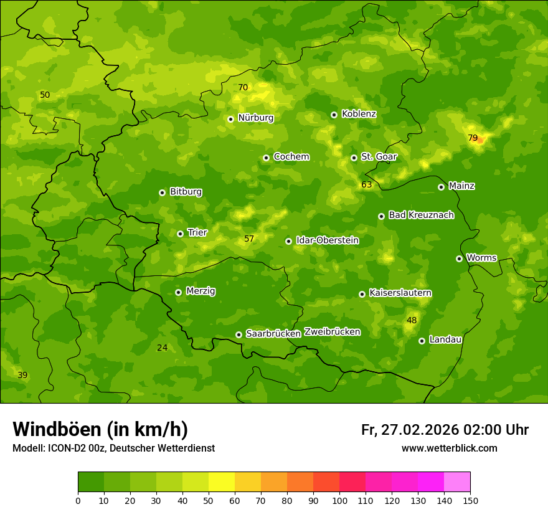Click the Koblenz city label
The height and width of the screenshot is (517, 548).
359,114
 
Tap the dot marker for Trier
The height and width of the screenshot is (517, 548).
181,234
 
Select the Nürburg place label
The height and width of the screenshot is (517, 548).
255,118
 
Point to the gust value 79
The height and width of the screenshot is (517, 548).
473,138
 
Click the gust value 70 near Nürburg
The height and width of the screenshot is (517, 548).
243,87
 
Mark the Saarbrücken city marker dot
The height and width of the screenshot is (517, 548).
239,334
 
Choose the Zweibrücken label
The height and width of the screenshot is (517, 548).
332,332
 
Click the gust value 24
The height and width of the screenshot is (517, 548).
162,348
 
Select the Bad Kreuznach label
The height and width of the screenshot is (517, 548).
421,215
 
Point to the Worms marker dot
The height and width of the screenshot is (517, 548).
459,258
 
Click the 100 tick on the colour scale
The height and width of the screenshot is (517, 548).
339,500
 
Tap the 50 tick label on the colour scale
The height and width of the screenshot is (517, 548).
209,500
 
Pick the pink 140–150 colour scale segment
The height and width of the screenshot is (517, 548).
457,482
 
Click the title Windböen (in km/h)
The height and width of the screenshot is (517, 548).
100,429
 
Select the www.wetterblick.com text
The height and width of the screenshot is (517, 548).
449,448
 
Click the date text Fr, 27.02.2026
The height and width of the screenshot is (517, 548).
410,430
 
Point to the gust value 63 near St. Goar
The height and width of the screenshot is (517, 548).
366,184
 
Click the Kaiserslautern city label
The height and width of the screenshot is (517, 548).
400,293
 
